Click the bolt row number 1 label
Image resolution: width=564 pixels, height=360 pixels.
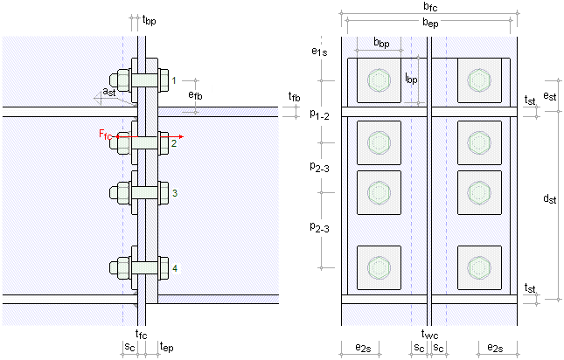point(174,80)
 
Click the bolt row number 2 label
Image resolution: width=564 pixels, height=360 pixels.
point(174,142)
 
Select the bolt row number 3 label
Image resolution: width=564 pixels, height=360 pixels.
point(174,193)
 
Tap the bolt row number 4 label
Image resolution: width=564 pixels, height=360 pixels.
point(174,267)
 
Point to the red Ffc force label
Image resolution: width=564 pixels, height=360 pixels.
point(106,134)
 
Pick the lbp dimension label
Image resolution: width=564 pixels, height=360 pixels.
point(410,78)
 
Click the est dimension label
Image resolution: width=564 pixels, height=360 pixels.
point(549,95)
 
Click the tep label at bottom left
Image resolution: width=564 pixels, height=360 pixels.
point(166,347)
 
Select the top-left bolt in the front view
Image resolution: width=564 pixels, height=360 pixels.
point(378,81)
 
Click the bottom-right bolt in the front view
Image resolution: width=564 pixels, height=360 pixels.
point(478,267)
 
